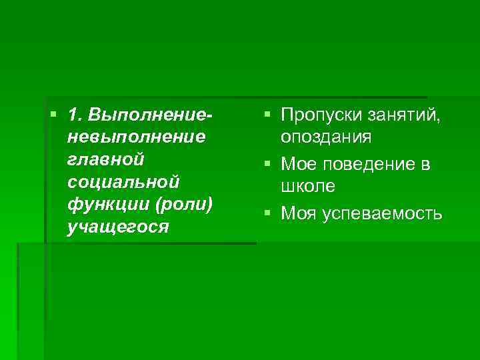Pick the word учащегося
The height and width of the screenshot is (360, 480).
tap(117, 227)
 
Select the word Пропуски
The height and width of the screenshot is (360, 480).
tap(321, 115)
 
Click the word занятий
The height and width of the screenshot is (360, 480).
tap(403, 115)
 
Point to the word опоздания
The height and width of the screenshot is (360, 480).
tap(327, 137)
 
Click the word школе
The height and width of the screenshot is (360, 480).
tap(308, 186)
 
